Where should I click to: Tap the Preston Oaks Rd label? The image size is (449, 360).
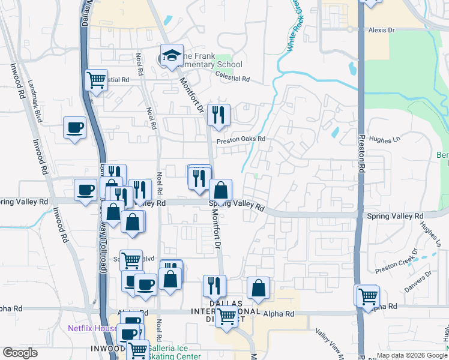point(241,139)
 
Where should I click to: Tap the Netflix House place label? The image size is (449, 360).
point(92,328)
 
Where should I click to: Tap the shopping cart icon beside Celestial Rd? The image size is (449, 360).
point(96,79)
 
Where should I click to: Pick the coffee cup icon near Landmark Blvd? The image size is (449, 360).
point(75,128)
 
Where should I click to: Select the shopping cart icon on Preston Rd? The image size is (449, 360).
point(367,296)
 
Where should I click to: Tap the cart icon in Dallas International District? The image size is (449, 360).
point(226,317)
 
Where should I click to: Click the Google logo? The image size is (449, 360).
point(20,353)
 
